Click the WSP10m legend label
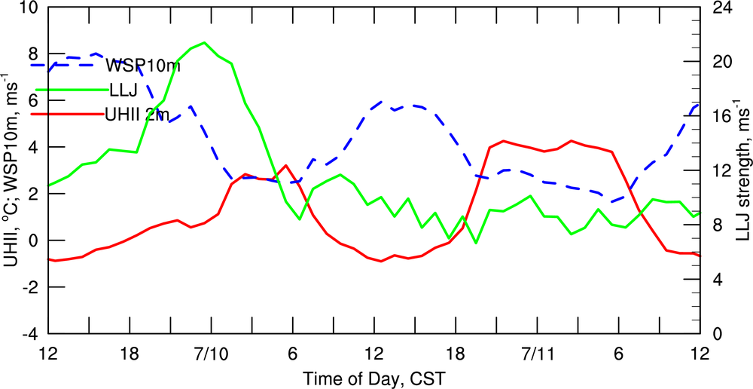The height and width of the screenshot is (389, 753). [143, 65]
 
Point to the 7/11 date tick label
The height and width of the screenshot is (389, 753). [538, 353]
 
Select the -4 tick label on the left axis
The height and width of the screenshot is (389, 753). [29, 333]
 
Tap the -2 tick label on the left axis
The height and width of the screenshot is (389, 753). [29, 287]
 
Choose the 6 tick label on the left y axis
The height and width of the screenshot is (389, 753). [32, 101]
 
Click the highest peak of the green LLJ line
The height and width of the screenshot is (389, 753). [205, 42]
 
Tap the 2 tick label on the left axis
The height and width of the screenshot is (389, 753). [32, 194]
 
